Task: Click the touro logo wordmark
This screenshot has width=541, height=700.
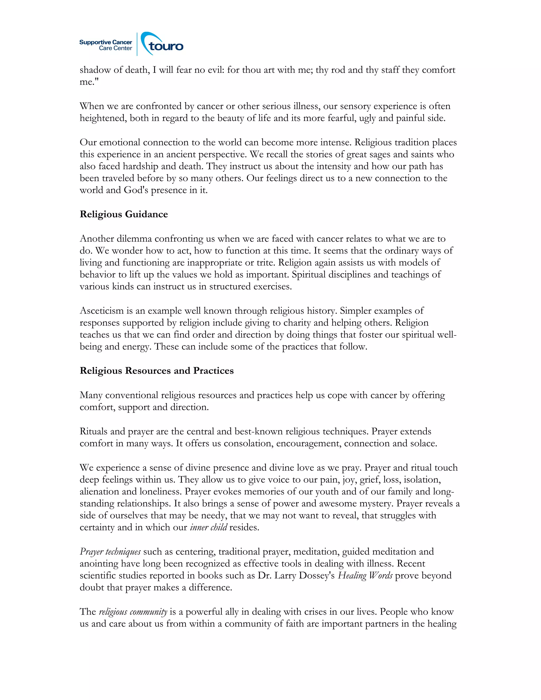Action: pos(165,46)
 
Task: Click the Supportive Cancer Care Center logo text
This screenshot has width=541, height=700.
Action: pos(106,45)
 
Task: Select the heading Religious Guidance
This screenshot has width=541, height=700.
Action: pos(124,214)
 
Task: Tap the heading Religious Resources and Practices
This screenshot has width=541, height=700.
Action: pos(157,371)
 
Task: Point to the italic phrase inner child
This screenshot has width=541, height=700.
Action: pos(208,527)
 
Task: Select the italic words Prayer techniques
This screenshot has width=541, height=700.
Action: pos(110,552)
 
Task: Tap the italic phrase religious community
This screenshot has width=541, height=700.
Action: pos(133,612)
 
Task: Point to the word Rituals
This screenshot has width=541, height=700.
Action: pos(94,431)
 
